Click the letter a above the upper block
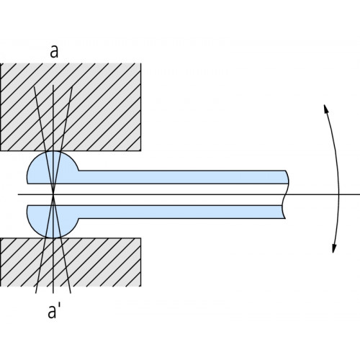click(x=54, y=51)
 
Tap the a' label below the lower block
click(x=54, y=311)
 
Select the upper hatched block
click(x=71, y=107)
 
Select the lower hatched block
click(x=71, y=262)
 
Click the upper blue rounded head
click(x=53, y=168)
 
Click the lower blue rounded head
click(x=53, y=221)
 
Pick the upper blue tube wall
click(x=182, y=177)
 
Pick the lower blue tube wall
click(x=181, y=212)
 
